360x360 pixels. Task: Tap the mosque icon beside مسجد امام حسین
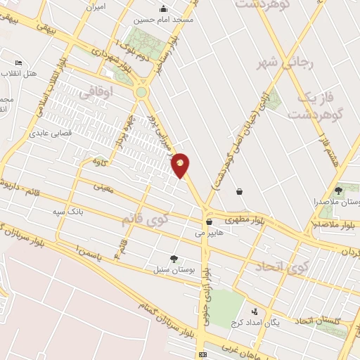(164, 9)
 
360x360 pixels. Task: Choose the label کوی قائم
(146, 219)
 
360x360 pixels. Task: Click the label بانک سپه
(70, 210)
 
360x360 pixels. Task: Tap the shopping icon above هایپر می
(209, 221)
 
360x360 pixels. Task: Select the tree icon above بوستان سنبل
(173, 259)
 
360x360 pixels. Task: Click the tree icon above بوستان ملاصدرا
(338, 191)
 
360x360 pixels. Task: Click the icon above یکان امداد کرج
(255, 311)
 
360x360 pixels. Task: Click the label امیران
(96, 6)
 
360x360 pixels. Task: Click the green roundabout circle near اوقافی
(142, 91)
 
